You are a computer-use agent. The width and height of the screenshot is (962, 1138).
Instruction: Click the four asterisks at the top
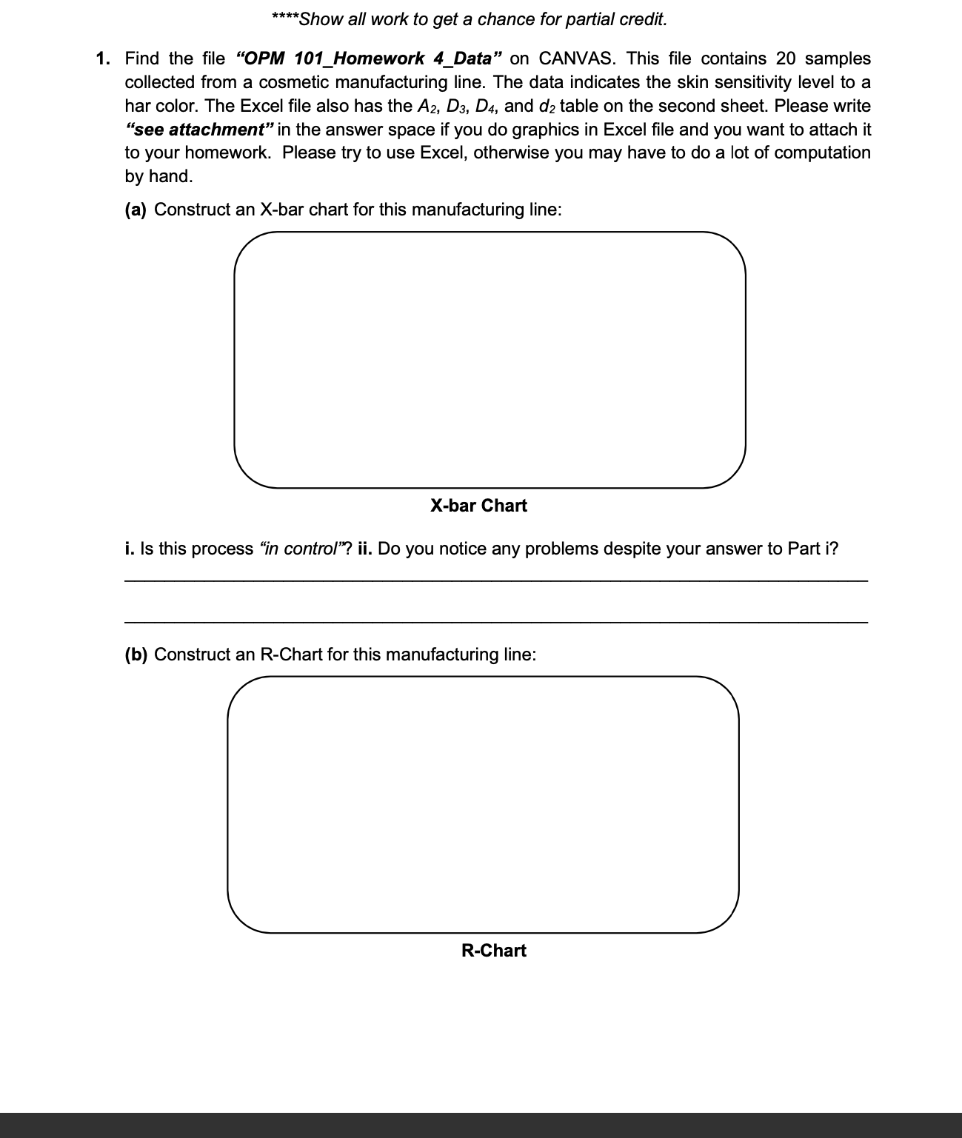tap(284, 19)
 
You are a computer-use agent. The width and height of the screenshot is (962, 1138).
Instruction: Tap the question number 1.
tap(103, 58)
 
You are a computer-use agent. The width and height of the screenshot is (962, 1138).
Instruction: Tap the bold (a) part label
tap(136, 210)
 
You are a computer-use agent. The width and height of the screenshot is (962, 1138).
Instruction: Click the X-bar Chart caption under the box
tap(478, 506)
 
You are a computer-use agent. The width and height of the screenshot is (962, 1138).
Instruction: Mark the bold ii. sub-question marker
tap(365, 549)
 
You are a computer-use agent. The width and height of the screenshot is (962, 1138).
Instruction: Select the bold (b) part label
tap(136, 655)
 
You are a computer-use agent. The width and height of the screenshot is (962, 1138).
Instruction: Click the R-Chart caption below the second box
tap(493, 951)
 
